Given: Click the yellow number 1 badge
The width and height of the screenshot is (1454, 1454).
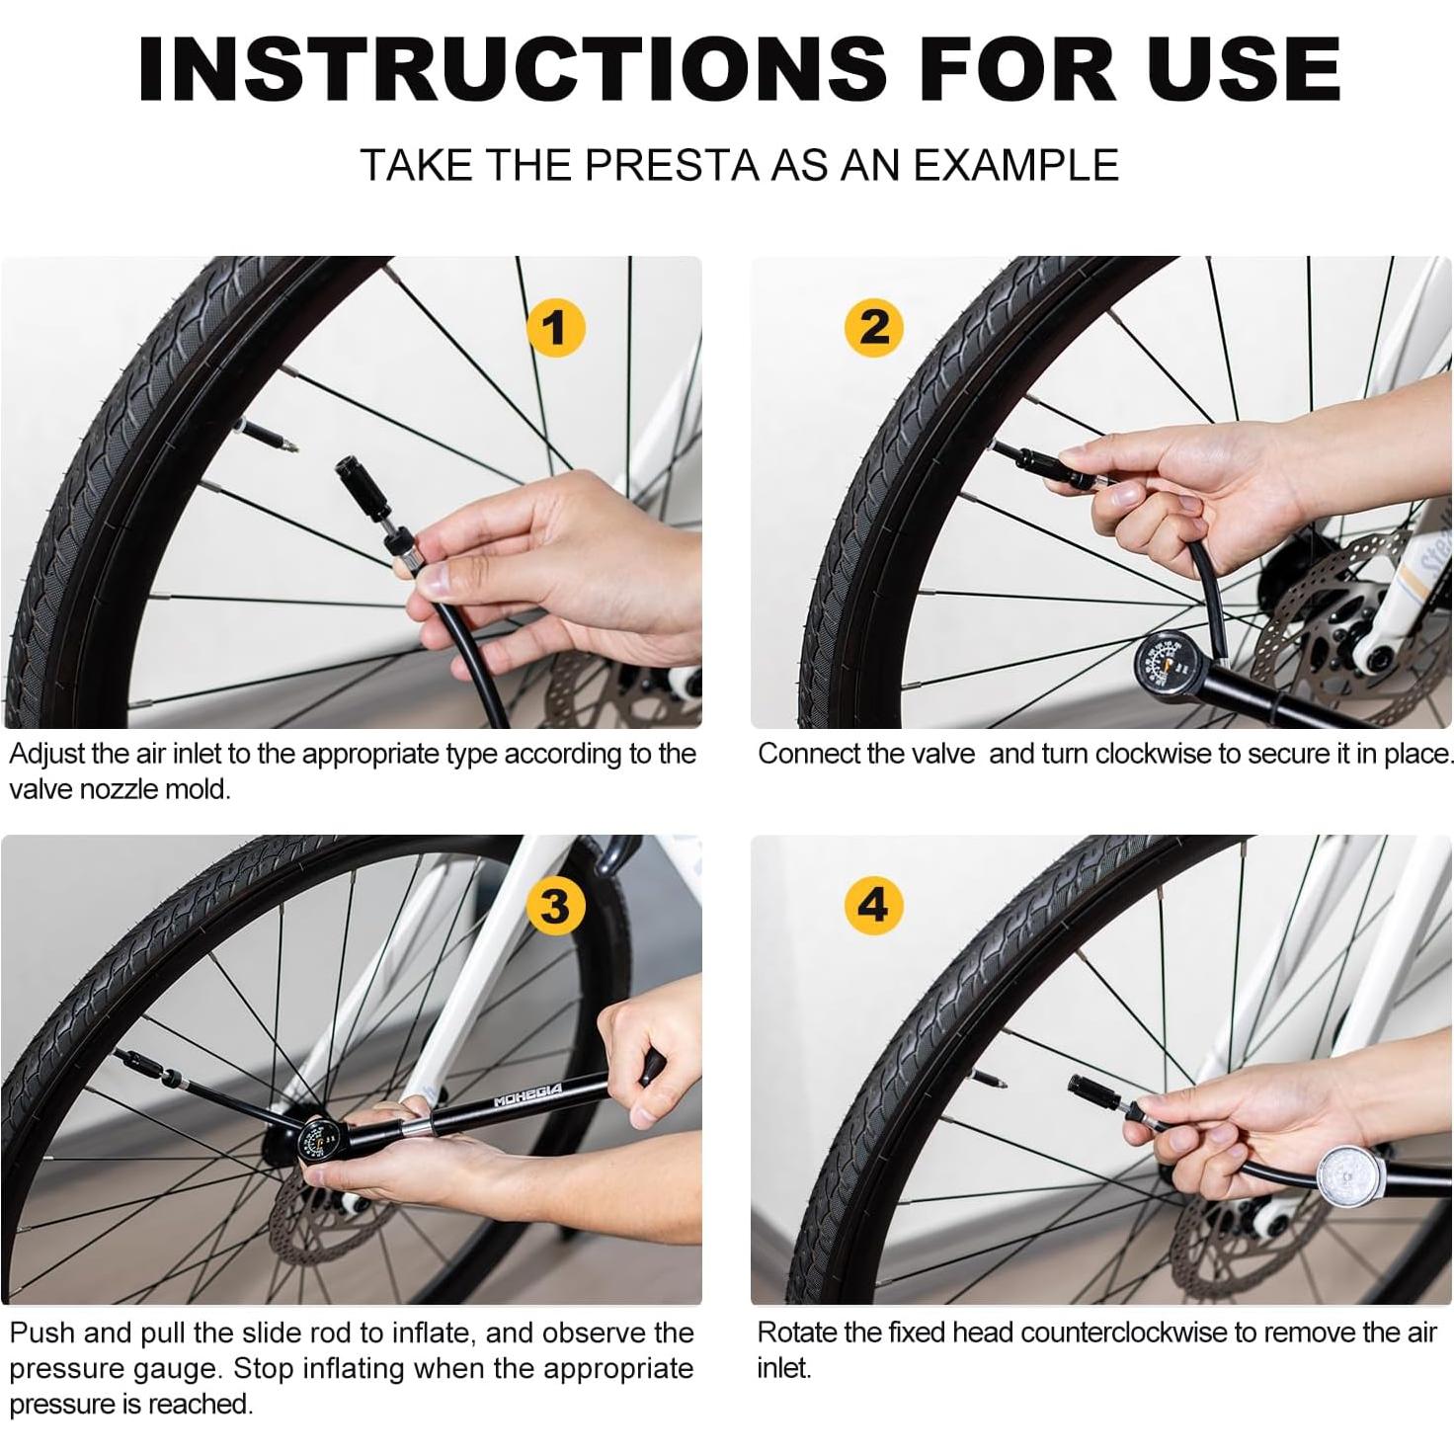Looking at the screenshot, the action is [x=555, y=328].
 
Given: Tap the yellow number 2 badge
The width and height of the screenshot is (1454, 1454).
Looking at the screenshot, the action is [x=874, y=328].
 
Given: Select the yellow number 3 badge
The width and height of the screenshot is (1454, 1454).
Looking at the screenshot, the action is [x=555, y=906].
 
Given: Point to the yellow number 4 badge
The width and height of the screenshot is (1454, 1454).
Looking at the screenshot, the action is [x=874, y=906].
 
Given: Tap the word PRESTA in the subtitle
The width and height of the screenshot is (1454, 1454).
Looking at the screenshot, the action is [x=671, y=165].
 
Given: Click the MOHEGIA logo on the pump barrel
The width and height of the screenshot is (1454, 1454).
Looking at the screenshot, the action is [x=527, y=1095].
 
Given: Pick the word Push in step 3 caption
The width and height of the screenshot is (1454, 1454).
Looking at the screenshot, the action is [x=42, y=1333].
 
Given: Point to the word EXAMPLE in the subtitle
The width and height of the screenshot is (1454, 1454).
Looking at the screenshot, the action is [x=1016, y=165].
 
